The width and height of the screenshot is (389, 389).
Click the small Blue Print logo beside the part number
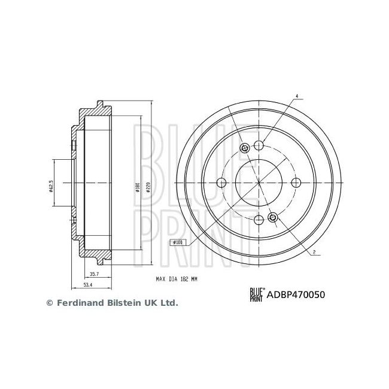[256, 293]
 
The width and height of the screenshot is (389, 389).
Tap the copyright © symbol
[50, 303]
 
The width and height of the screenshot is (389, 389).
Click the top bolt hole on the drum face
[259, 145]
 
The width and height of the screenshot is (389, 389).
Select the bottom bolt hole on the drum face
[259, 221]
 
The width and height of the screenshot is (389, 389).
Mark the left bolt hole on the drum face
[221, 183]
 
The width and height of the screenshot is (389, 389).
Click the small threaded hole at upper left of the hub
[244, 149]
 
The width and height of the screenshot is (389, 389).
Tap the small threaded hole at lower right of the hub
[273, 217]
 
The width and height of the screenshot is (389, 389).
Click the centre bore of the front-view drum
[259, 183]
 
